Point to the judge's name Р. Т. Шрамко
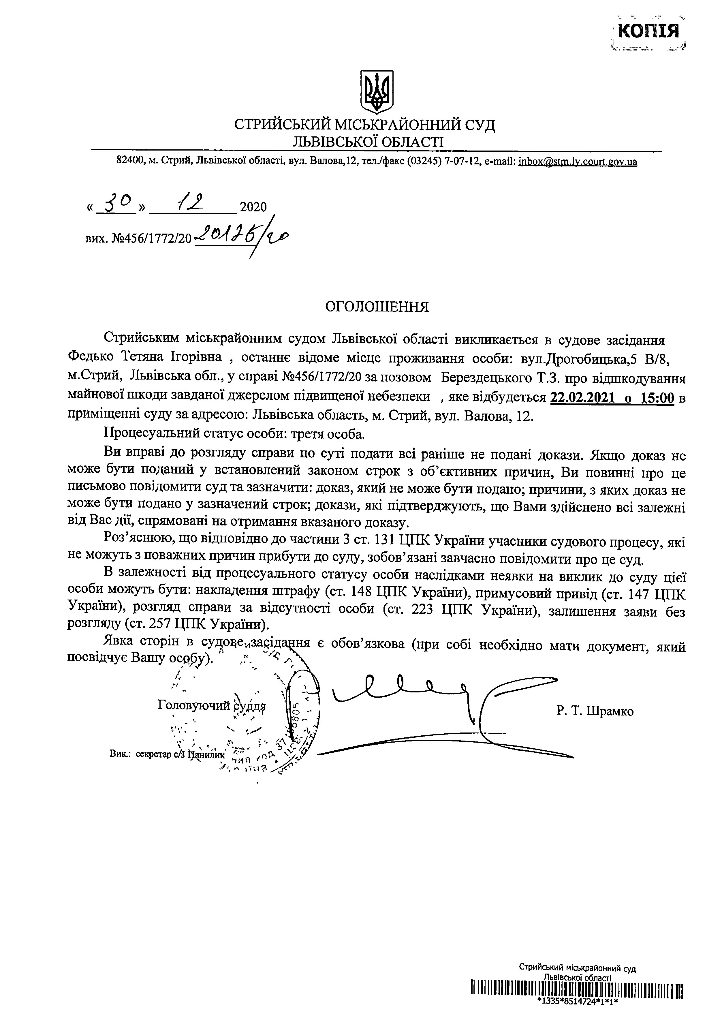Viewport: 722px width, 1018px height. [x=594, y=711]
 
